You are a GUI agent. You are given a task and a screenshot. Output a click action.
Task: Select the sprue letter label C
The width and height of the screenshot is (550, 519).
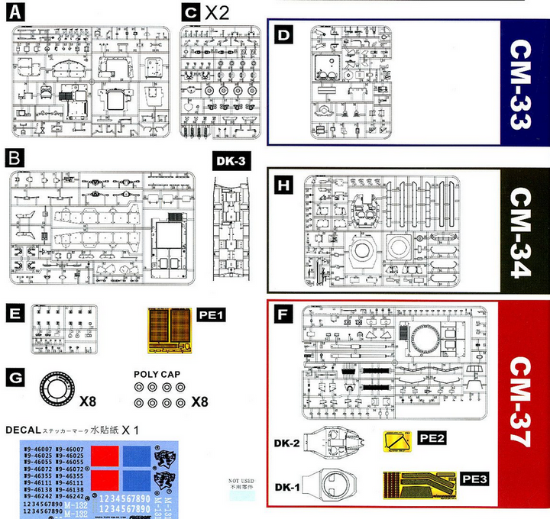[191, 13]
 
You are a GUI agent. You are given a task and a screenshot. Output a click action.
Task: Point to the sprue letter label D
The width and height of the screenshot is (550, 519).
[283, 35]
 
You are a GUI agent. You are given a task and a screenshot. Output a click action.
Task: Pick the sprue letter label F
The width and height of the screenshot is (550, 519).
[283, 313]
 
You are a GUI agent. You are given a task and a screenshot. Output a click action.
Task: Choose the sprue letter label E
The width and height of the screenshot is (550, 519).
[13, 314]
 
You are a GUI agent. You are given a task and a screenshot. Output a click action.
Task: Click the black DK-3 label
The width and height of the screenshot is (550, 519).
[228, 162]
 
